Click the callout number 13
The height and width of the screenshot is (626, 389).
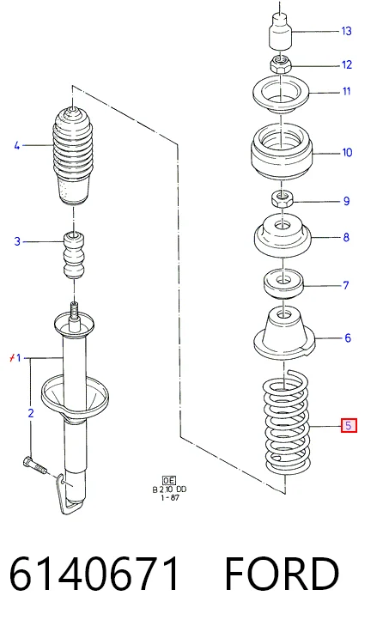[x=346, y=31]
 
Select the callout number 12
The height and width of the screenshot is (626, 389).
[x=347, y=64]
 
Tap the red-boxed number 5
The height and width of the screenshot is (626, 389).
[x=349, y=426]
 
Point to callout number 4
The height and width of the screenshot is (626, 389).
[x=17, y=145]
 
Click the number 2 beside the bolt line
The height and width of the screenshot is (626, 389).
[x=31, y=413]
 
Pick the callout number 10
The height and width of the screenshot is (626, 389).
[x=347, y=153]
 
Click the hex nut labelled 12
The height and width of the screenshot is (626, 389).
[x=281, y=64]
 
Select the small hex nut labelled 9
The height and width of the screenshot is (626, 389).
[x=283, y=198]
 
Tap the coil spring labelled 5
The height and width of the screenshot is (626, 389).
[x=286, y=422]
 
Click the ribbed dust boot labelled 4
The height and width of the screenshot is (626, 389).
[x=73, y=155]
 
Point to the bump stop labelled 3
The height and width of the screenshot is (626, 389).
[x=75, y=255]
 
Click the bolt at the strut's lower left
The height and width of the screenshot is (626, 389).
[x=35, y=465]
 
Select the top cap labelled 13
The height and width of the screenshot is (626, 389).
[x=280, y=31]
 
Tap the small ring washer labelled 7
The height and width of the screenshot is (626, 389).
[x=283, y=283]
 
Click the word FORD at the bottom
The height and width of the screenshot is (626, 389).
[x=282, y=574]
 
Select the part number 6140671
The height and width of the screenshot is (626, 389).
[x=94, y=574]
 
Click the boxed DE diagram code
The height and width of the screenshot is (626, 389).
[x=169, y=480]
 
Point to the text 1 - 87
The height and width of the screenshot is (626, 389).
[x=170, y=498]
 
